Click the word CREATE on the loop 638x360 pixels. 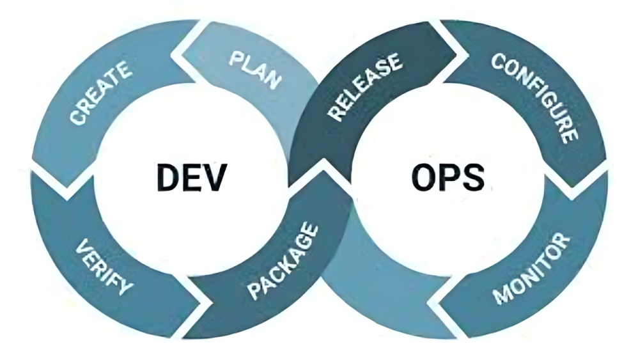(101, 92)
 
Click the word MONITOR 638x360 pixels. (531, 269)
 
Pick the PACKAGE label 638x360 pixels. (283, 261)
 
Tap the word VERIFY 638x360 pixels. (104, 267)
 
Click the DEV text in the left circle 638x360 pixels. (192, 177)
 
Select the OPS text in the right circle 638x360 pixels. (448, 177)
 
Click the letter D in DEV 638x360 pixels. (169, 177)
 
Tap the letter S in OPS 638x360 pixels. (474, 177)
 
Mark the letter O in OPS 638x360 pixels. (424, 177)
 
